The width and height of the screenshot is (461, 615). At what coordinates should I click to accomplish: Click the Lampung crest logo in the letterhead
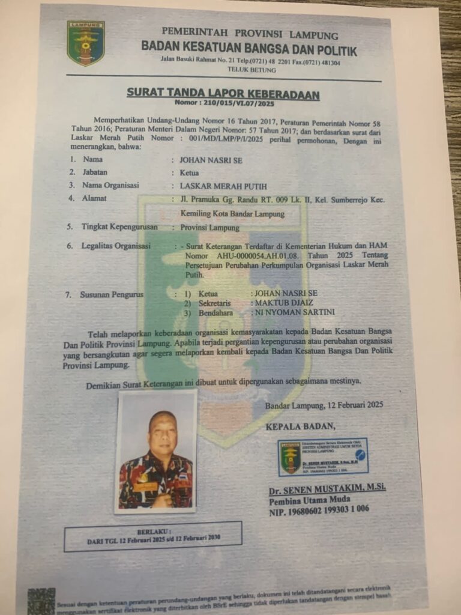[x=86, y=43]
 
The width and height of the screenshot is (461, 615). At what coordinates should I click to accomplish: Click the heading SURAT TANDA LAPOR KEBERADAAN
[x=223, y=94]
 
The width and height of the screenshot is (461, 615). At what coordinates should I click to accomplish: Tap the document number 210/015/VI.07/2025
[x=223, y=103]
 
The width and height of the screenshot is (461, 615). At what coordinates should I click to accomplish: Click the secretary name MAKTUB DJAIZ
[x=284, y=303]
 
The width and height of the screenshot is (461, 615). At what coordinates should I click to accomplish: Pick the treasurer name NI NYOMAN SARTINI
[x=295, y=312]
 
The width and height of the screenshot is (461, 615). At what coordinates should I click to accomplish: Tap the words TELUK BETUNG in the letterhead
[x=252, y=70]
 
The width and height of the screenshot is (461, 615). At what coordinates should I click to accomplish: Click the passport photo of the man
[x=155, y=452]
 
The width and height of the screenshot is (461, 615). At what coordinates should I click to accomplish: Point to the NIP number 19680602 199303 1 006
[x=319, y=509]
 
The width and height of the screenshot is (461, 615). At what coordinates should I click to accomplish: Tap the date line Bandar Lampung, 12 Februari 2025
[x=324, y=405]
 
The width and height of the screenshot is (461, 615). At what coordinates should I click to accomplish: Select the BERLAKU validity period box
[x=153, y=536]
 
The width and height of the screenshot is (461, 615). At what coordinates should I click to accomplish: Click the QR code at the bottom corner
[x=41, y=601]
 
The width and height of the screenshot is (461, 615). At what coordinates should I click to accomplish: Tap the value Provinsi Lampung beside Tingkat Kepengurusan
[x=209, y=228]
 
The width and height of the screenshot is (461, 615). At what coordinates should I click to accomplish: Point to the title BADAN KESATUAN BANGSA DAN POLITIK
[x=249, y=49]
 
